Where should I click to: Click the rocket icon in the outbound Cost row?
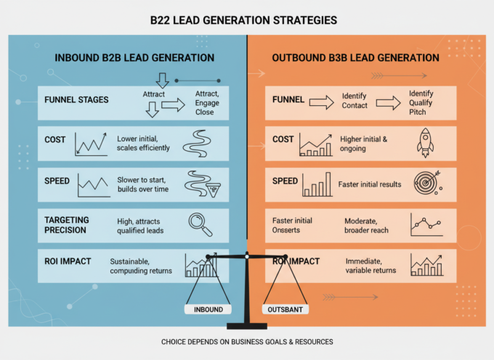425,143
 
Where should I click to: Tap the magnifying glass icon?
201,225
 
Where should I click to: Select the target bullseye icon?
428,182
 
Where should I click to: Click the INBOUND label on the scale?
208,310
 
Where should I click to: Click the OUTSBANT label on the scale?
285,310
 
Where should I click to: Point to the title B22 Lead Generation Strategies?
243,20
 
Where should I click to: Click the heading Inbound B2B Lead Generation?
134,58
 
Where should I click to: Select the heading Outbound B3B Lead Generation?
356,58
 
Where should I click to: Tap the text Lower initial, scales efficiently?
143,143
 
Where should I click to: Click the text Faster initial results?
370,184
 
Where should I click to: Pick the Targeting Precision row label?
67,225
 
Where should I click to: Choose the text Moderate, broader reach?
366,226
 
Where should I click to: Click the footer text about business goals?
247,342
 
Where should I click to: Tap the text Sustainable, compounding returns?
141,266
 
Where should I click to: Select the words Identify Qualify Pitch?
421,102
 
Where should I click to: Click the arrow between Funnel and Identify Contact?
321,102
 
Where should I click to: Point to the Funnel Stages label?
76,99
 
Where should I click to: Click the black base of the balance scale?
247,326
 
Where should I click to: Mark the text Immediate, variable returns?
370,266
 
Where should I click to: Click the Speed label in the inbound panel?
57,181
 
